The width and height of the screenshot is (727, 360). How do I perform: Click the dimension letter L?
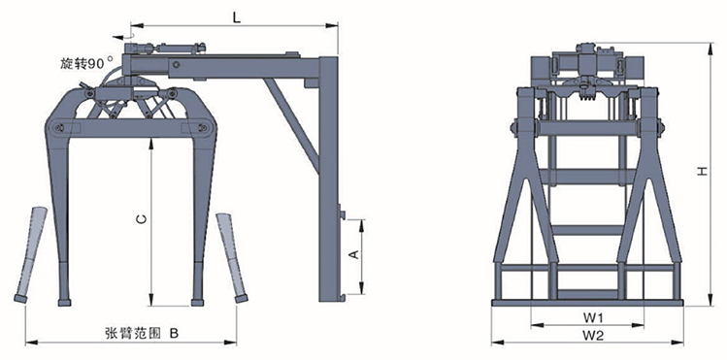[x=237, y=17]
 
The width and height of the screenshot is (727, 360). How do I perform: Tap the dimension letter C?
[x=143, y=218]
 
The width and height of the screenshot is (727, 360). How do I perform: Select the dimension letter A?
[x=353, y=254]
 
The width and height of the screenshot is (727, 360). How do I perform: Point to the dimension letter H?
[x=703, y=171]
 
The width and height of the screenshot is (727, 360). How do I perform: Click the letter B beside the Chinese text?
[x=174, y=333]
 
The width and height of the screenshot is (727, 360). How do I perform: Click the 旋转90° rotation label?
[x=86, y=63]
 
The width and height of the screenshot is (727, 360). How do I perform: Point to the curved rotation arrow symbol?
[x=123, y=36]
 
